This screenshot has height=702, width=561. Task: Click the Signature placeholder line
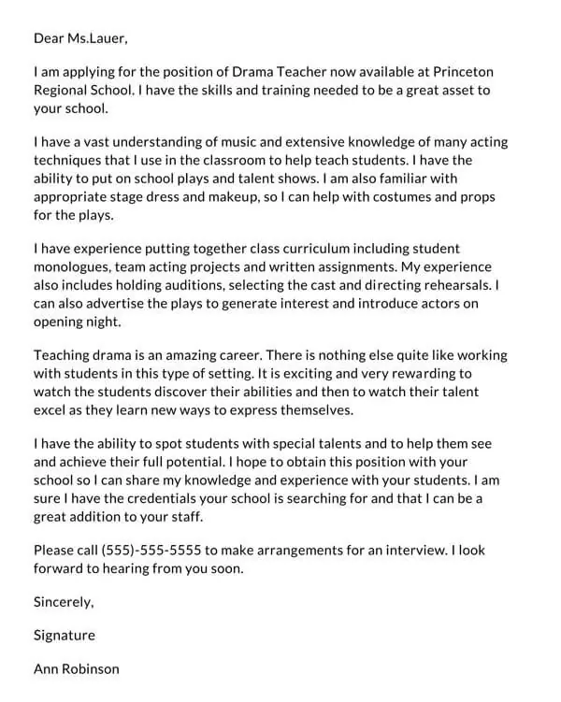pyautogui.click(x=65, y=635)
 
